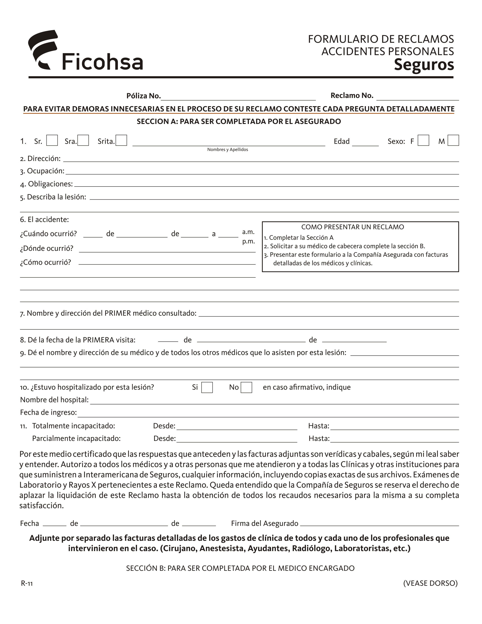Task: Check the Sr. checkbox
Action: click(x=52, y=140)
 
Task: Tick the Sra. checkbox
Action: click(x=83, y=140)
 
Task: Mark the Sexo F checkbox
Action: click(x=423, y=140)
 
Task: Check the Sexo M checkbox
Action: click(x=453, y=140)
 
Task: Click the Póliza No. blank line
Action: click(x=238, y=97)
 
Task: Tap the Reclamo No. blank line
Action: click(x=417, y=97)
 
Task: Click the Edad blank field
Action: click(x=365, y=143)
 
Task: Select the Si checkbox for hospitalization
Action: click(x=207, y=387)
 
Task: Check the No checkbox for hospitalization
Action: click(x=246, y=387)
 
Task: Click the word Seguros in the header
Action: click(x=424, y=65)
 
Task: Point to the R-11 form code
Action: click(x=27, y=583)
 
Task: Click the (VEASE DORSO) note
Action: click(x=430, y=583)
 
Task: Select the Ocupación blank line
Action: click(x=262, y=171)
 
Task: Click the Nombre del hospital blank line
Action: click(x=274, y=401)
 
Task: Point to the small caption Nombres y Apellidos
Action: click(x=228, y=150)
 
